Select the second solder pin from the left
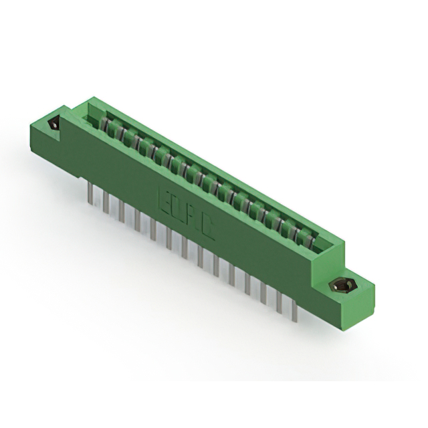[x=106, y=200]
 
